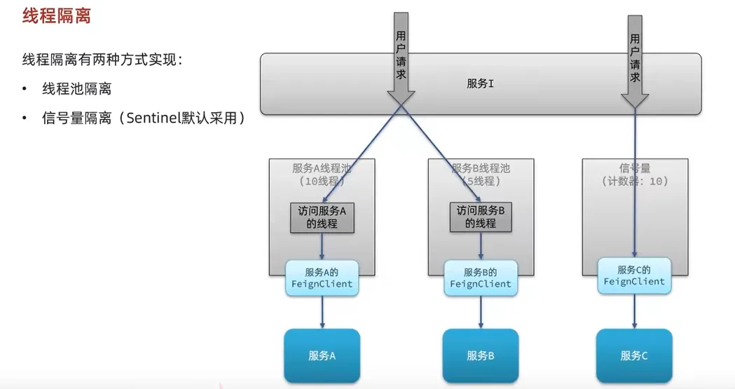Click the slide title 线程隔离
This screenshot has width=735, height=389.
(57, 16)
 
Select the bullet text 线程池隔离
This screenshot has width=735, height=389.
(76, 89)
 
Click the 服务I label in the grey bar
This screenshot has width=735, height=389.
(481, 83)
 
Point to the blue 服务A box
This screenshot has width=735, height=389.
(322, 355)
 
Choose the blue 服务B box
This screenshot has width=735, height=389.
(481, 355)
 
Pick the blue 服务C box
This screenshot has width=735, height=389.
(634, 355)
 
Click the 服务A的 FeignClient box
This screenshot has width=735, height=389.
(322, 278)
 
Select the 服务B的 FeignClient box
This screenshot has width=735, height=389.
(481, 278)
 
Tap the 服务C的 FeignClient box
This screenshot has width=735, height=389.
(634, 275)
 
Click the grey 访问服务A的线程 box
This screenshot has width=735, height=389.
(322, 218)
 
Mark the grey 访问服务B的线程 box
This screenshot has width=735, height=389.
(481, 218)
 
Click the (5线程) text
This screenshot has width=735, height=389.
(481, 181)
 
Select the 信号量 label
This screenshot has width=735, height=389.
(635, 168)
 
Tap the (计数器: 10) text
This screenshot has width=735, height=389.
(635, 181)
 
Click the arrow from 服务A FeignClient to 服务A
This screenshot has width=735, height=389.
(322, 312)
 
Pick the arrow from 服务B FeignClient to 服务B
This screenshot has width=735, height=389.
(481, 312)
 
